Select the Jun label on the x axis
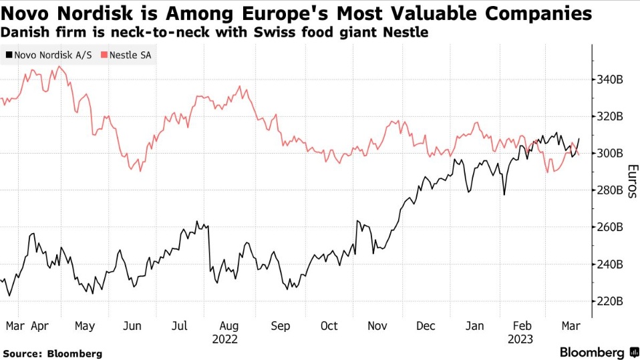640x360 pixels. [132, 326]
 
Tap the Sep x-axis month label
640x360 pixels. [281, 326]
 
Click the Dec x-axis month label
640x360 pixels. [426, 326]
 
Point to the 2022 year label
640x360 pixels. [225, 339]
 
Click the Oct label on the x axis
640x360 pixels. [329, 326]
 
